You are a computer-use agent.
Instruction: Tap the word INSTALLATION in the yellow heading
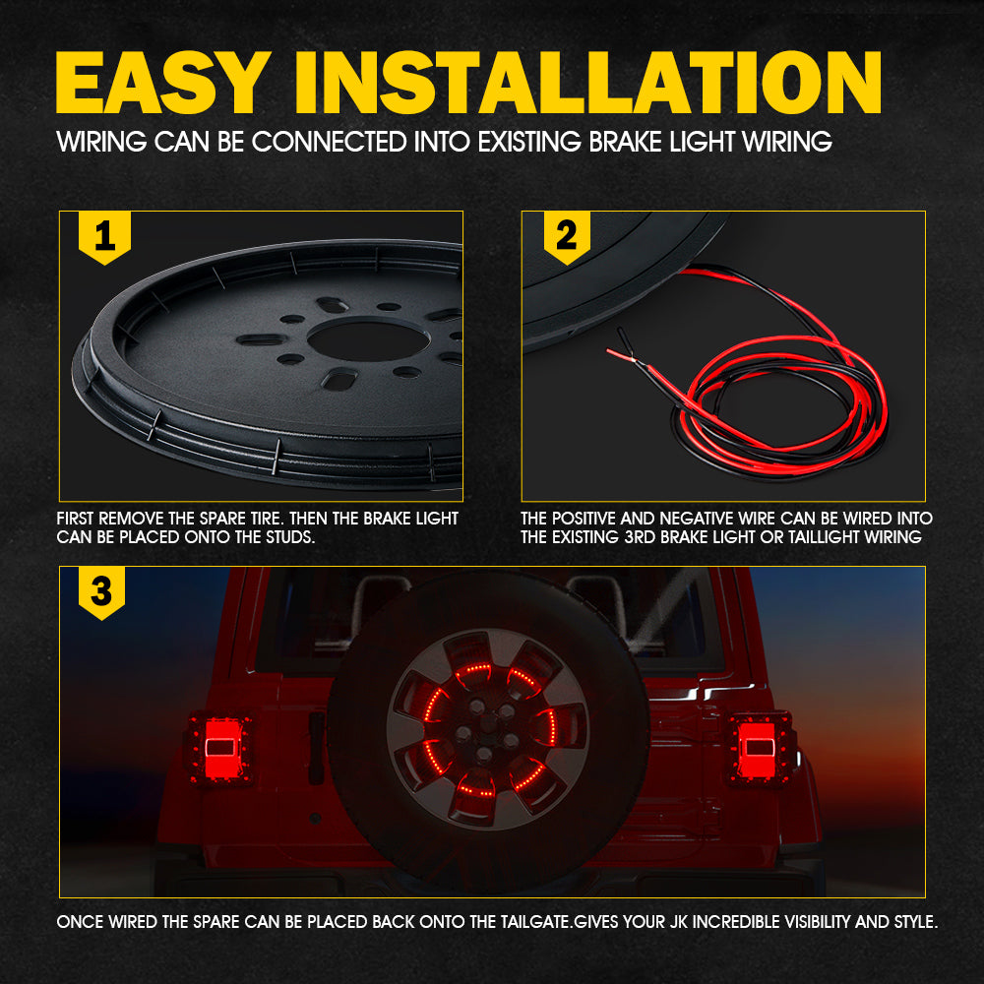point(588,83)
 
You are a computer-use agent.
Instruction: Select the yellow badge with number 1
point(105,238)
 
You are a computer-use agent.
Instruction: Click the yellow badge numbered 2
point(567,238)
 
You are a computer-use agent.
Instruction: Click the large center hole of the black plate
point(368,339)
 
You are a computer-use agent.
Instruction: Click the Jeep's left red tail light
point(220,748)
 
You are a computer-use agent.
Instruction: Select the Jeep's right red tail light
point(761,748)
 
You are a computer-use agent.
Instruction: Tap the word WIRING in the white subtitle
point(101,142)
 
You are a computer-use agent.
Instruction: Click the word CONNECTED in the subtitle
point(330,142)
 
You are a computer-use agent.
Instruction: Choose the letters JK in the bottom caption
point(678,922)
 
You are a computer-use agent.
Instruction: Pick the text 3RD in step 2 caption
point(641,537)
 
